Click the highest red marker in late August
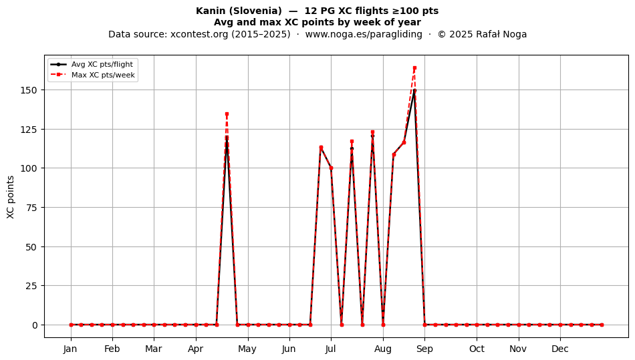tap(414, 68)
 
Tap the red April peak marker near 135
tap(227, 114)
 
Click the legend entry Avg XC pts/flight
tap(102, 64)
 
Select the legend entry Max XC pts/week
tap(103, 75)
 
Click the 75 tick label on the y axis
tap(31, 208)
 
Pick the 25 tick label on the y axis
tap(31, 286)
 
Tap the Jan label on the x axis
tap(70, 349)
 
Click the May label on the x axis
tap(247, 349)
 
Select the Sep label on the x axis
tap(424, 349)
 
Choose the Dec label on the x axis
tap(560, 349)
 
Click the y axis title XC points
tap(11, 197)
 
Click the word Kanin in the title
tap(210, 11)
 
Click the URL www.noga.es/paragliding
tap(364, 34)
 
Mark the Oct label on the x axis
tap(477, 349)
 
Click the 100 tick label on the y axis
tap(29, 168)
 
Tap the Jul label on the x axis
tap(331, 349)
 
